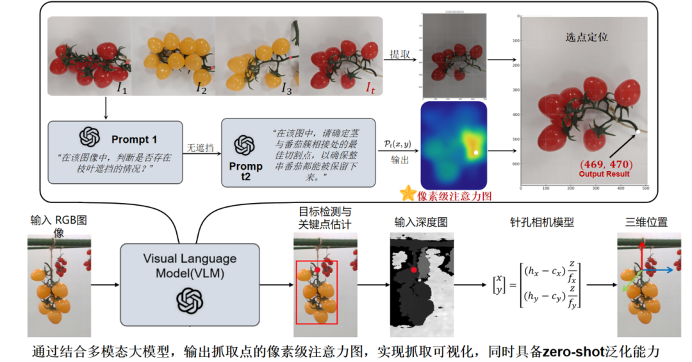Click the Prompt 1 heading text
pos(134,138)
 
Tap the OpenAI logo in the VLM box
pos(190,299)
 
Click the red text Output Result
pos(604,174)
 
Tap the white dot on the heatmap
pos(476,152)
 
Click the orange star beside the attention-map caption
pos(408,193)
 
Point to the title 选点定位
pos(586,37)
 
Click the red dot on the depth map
pos(414,270)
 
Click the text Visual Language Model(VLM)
pos(190,265)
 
